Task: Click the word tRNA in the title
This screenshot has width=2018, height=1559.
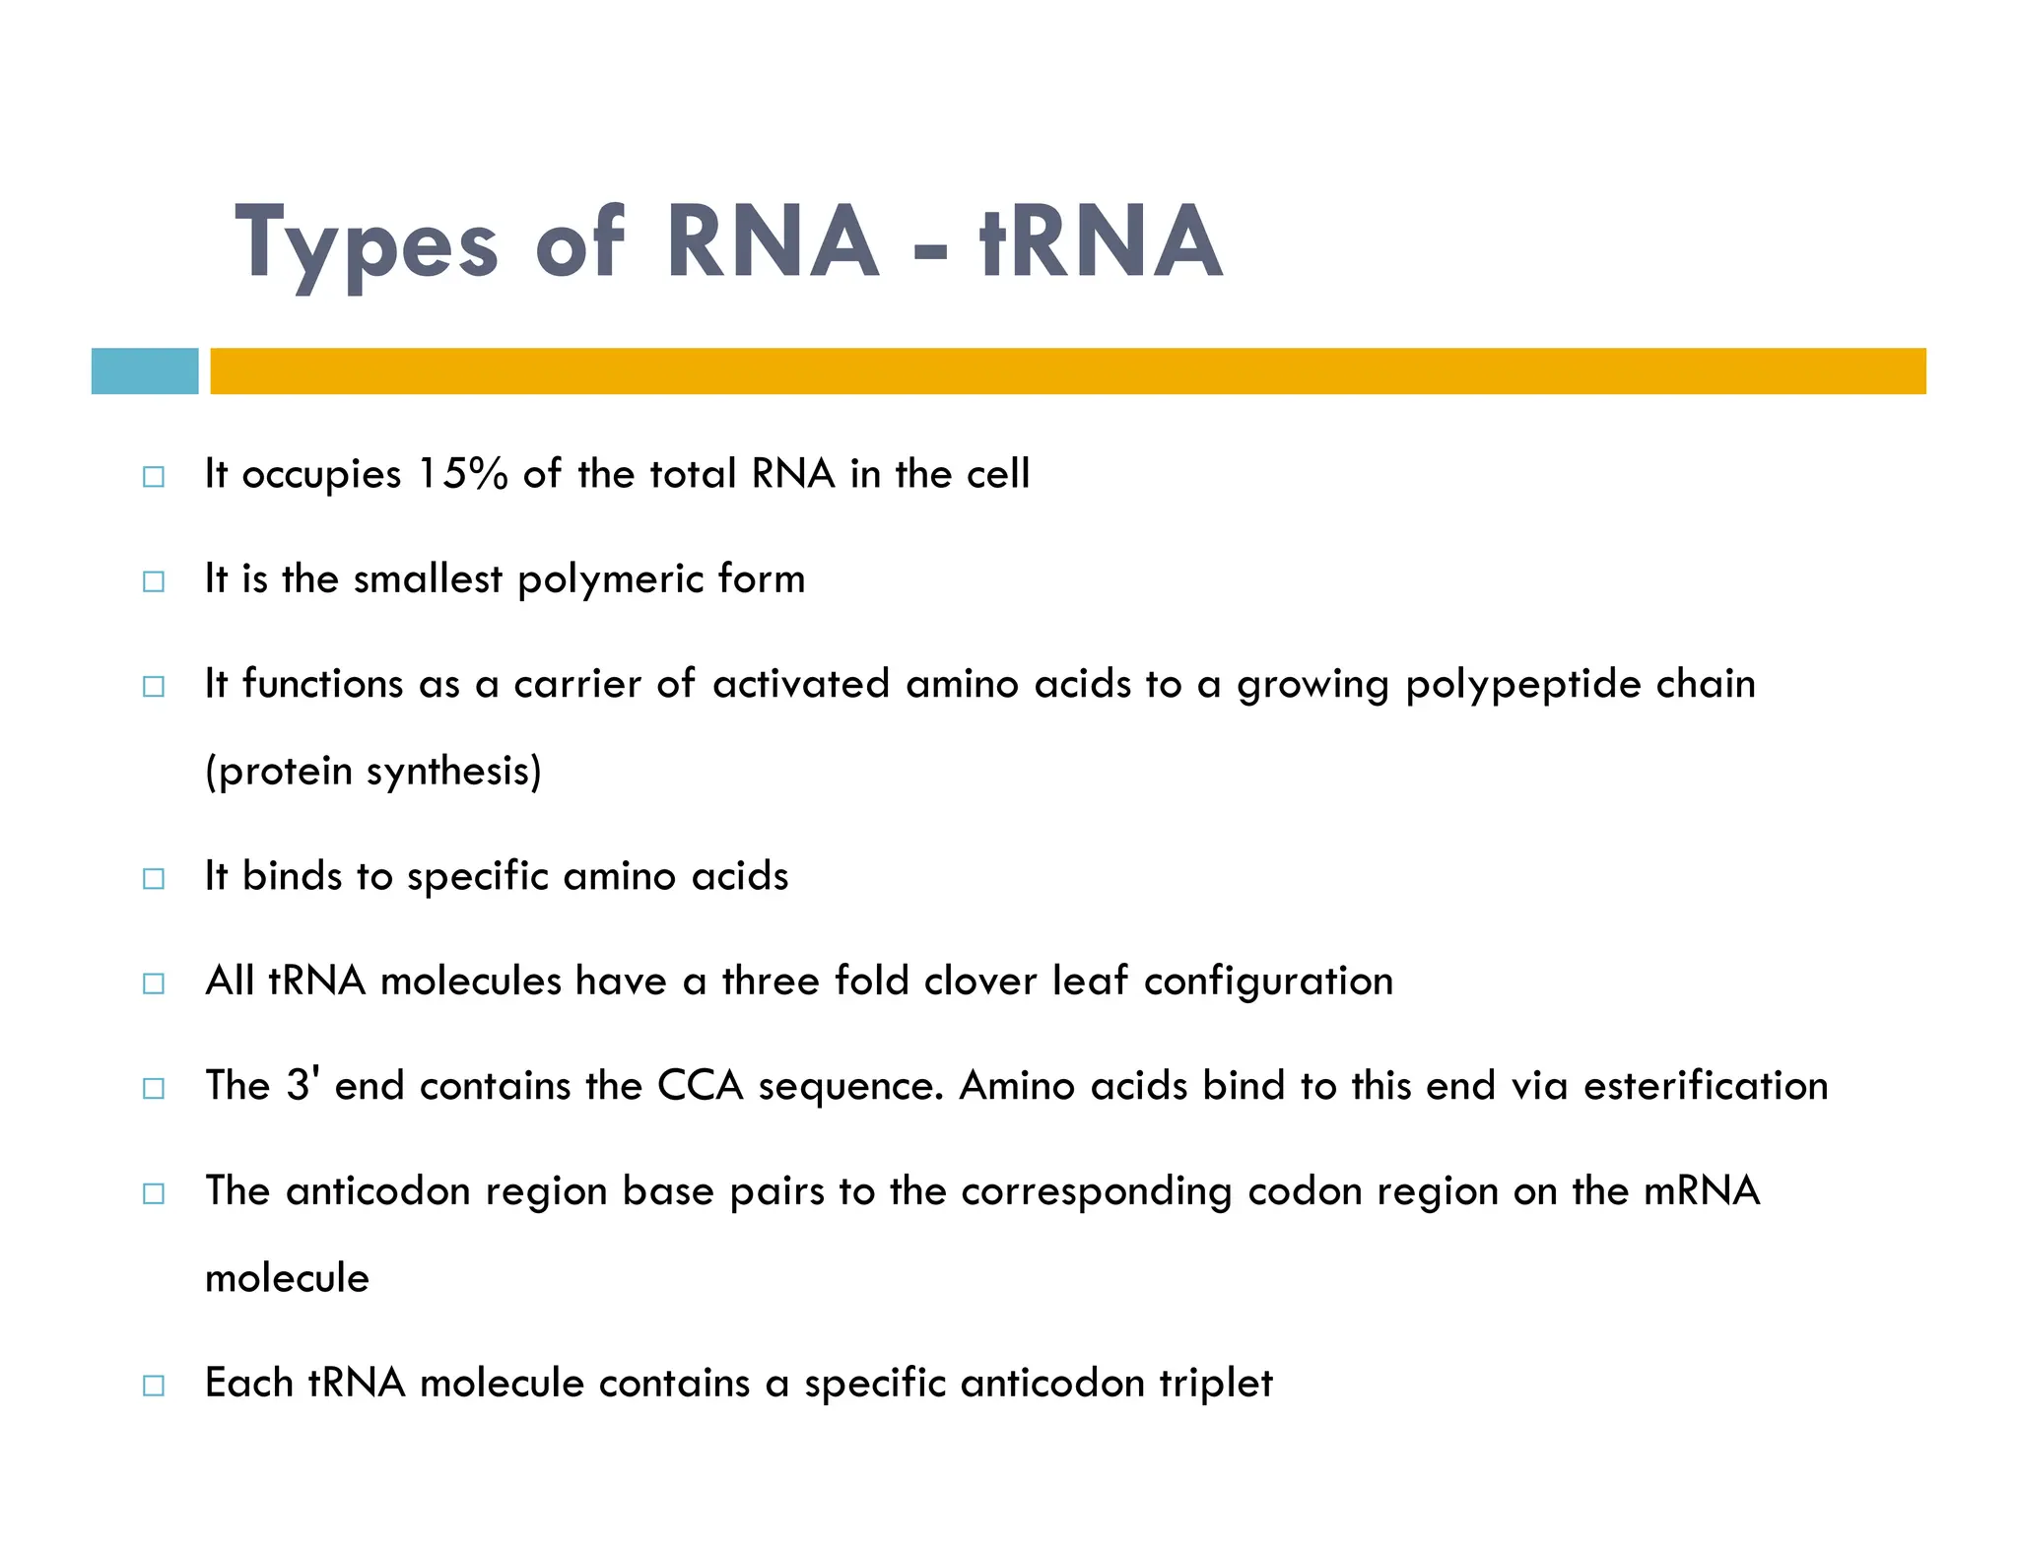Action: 1101,241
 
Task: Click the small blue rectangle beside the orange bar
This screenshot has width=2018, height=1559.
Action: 145,371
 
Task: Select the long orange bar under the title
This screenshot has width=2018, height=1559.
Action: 1067,371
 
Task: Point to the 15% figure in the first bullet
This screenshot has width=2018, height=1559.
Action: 462,474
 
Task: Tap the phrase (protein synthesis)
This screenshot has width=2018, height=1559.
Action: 373,771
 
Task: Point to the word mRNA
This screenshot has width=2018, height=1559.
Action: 1701,1190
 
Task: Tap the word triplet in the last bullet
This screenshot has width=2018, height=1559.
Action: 1216,1383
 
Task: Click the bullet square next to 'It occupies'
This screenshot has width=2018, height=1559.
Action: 154,477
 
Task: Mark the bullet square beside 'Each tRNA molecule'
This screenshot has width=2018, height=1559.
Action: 154,1386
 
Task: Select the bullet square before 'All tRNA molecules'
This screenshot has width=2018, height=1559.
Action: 154,983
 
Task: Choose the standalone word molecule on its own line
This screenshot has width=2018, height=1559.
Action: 287,1278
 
